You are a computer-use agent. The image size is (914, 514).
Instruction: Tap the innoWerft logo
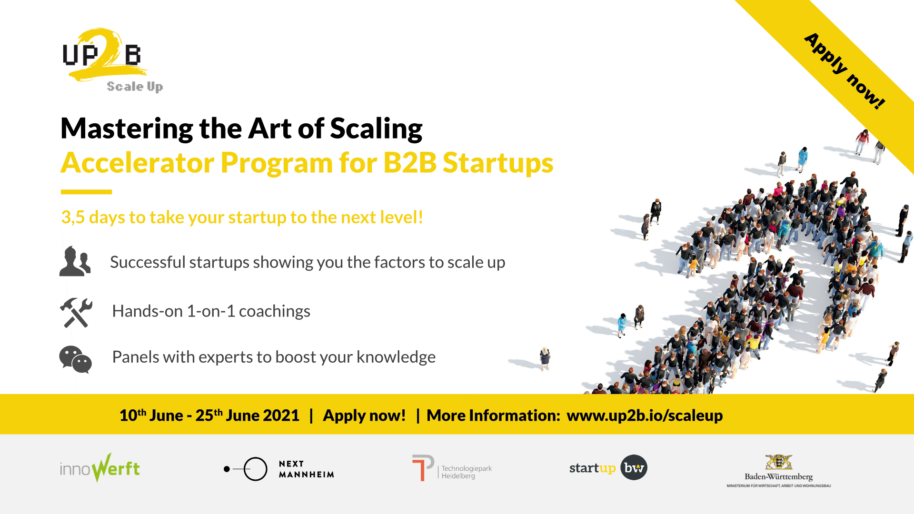tap(100, 468)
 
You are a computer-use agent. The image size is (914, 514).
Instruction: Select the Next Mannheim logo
tap(279, 469)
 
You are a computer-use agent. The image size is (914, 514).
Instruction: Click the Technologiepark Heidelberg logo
tap(452, 468)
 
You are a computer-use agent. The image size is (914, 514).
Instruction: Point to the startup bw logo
tap(608, 467)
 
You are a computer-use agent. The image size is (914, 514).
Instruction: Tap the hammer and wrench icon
tap(76, 313)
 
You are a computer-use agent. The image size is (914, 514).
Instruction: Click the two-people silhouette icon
tap(75, 261)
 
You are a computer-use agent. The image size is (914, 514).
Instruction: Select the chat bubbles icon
tap(75, 359)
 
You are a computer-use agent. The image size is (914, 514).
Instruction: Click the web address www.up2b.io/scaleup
tap(645, 415)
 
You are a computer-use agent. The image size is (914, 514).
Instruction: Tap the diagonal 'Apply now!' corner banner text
tap(845, 71)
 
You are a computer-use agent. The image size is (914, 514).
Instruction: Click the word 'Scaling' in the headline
tap(376, 129)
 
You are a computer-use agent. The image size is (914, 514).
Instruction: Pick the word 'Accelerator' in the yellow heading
tap(138, 163)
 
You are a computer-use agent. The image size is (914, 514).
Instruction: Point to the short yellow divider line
tap(86, 192)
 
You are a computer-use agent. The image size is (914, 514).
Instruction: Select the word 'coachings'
tap(275, 311)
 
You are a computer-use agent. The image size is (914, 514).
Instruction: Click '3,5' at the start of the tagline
tap(73, 217)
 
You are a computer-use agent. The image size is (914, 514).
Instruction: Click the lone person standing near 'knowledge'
tap(545, 358)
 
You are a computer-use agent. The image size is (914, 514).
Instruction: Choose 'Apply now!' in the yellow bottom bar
tap(364, 415)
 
